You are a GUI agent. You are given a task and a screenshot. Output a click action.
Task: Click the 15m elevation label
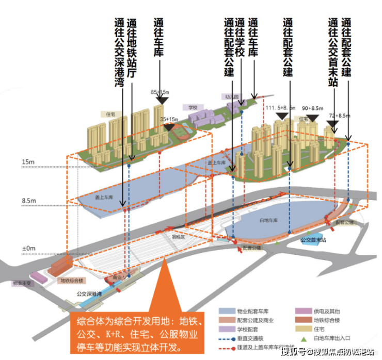pos(29,161)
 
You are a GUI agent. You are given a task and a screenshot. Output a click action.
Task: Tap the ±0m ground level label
pos(29,249)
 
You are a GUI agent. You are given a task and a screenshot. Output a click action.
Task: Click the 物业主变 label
pos(22,283)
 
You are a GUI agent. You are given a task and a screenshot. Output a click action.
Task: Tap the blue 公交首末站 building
pos(312,241)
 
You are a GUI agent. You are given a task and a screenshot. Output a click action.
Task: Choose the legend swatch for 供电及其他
pos(299,312)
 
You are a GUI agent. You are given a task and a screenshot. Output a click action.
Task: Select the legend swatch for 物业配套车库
pos(225,312)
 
